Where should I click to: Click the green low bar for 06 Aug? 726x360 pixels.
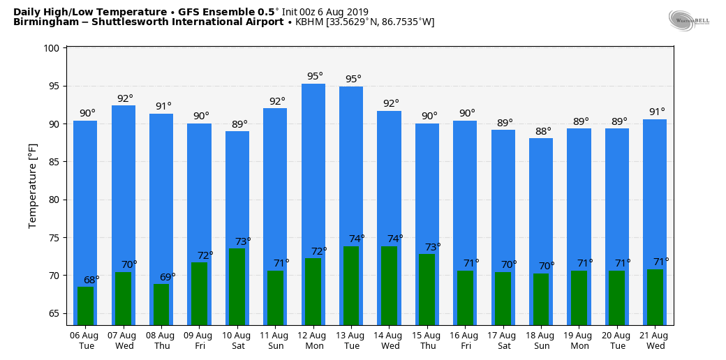[85, 306]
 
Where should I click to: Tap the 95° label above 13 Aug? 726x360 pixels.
[353, 79]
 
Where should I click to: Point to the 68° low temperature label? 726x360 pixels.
[91, 280]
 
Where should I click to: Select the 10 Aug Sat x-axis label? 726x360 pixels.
[237, 340]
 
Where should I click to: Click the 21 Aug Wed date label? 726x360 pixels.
[655, 340]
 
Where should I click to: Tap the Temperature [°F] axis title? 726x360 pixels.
[33, 186]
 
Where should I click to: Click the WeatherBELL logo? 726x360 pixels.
[688, 20]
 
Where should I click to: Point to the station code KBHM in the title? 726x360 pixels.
[309, 22]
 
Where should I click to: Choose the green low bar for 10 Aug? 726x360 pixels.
[237, 286]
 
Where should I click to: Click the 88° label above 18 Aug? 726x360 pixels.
[543, 130]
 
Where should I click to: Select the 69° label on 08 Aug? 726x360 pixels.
[168, 277]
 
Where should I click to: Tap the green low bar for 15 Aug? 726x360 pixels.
[427, 289]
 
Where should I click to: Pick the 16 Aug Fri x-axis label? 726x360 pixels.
[465, 340]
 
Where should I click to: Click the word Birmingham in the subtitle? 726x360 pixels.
[43, 22]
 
